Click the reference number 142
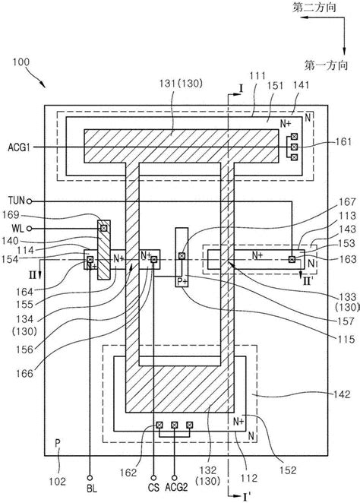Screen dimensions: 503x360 (340, 394)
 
